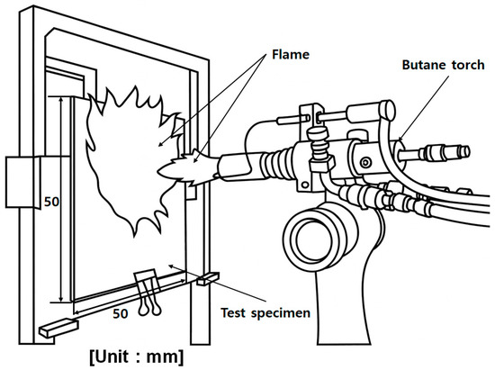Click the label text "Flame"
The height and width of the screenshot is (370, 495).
point(291,55)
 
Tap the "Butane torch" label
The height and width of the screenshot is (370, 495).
point(443,65)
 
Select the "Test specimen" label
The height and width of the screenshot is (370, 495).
point(265,313)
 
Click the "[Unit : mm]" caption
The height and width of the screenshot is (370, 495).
point(137,357)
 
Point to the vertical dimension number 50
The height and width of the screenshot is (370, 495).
point(52,202)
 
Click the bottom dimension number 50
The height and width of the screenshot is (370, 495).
point(121,313)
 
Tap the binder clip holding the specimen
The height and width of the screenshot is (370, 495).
point(148,292)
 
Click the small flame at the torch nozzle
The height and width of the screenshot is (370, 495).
point(187,168)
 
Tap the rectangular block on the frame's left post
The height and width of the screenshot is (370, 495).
point(22,183)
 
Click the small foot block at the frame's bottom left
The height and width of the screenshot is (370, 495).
point(58,329)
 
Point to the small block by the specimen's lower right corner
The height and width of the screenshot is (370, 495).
point(208,279)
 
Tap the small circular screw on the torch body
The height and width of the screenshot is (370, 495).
point(366,163)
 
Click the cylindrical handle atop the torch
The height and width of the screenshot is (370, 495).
point(371,111)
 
